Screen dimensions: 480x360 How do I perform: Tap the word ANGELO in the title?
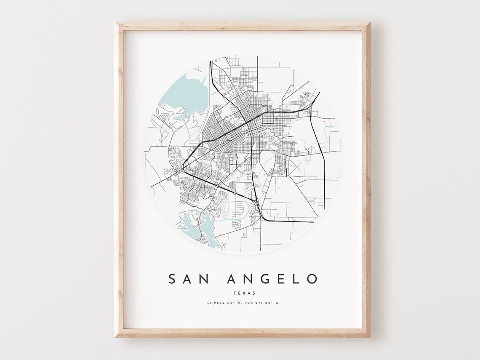[x=272, y=279]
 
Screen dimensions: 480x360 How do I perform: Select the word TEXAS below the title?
[x=243, y=293]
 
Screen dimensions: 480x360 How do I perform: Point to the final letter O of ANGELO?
[x=312, y=279]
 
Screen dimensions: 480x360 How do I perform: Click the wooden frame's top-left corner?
[x=116, y=24]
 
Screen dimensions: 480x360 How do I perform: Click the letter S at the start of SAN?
[x=172, y=279]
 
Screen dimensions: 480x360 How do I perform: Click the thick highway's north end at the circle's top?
[x=211, y=62]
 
